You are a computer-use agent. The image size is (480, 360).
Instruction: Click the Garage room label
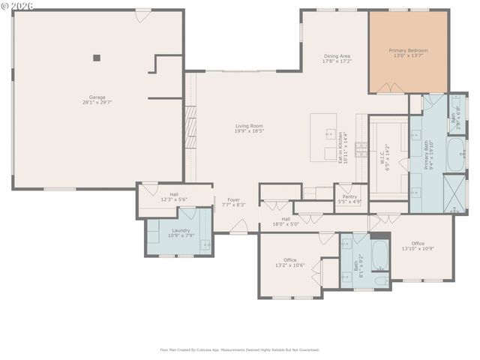tap(97, 97)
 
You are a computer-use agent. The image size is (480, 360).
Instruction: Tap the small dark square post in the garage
tap(97, 57)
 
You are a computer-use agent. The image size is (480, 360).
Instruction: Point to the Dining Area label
tap(337, 55)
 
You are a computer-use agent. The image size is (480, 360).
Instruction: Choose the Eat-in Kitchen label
tap(342, 148)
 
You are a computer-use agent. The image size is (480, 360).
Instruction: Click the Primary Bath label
tap(427, 154)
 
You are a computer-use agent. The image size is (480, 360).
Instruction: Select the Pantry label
tap(349, 196)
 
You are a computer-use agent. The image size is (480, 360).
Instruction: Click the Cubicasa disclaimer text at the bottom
tap(240, 349)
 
